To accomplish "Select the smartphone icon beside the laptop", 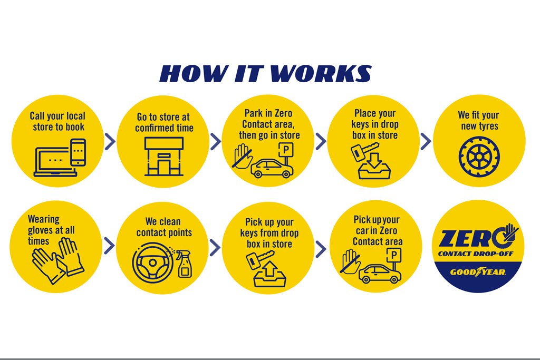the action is tap(78, 152).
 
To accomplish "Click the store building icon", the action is tap(163, 157).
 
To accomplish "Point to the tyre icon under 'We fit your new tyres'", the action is tap(479, 157).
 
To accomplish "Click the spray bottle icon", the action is tap(184, 264).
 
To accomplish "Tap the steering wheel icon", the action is tap(152, 262).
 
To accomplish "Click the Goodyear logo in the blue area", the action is tap(478, 272).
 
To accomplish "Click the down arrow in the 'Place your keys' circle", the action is tap(374, 161).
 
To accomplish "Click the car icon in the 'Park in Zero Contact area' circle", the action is tap(272, 168).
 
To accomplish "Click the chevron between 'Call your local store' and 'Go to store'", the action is tap(110, 141).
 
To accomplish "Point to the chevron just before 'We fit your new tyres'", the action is tap(426, 141).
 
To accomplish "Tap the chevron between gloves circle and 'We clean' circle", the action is tap(109, 246).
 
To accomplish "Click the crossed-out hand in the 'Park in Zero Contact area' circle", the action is tap(242, 157).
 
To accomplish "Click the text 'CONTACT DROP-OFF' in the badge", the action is tap(475, 255).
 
